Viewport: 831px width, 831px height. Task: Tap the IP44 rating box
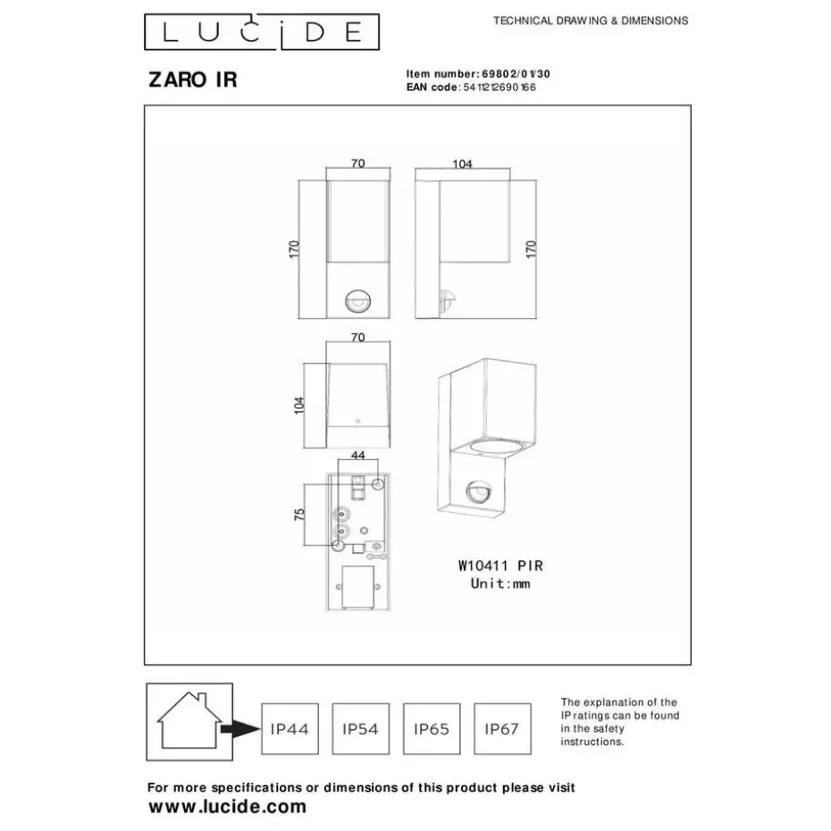[289, 729]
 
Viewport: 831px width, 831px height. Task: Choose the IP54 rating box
[360, 729]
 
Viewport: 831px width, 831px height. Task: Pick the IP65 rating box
[432, 729]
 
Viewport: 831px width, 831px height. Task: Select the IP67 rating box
[501, 729]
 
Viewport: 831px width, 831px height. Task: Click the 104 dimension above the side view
[462, 164]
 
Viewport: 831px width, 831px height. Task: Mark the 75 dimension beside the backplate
[300, 515]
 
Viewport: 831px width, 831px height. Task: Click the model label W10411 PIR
[499, 565]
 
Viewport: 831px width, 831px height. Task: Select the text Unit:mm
[500, 583]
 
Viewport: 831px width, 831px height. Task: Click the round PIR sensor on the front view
[357, 302]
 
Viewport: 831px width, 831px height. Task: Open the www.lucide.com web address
[226, 807]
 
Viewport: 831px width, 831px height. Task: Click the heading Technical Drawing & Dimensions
[591, 20]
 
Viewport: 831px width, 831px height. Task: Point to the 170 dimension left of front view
[294, 251]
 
